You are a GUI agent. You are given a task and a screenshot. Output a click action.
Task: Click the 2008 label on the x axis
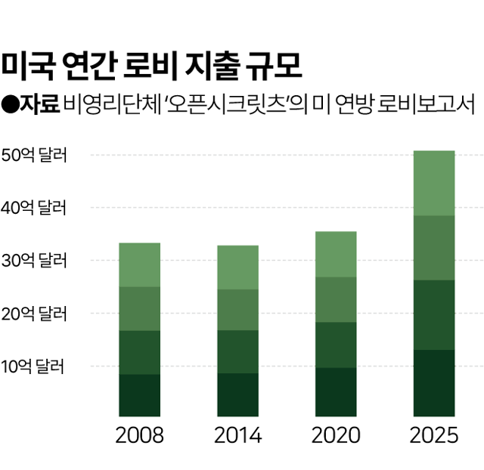(x=139, y=436)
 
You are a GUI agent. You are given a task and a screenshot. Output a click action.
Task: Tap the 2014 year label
(x=237, y=436)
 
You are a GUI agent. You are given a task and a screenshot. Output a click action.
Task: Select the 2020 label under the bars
(x=336, y=436)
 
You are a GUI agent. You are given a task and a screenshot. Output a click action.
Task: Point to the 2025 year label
(x=434, y=436)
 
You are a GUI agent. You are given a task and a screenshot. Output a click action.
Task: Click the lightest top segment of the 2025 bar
(x=434, y=183)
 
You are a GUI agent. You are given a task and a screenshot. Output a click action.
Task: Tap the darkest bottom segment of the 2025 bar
(x=434, y=382)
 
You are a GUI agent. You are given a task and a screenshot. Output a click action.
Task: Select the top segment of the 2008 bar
(x=139, y=264)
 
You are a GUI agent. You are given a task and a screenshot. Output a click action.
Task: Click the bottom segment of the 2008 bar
(x=139, y=395)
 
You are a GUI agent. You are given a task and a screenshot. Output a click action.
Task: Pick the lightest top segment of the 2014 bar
(x=237, y=267)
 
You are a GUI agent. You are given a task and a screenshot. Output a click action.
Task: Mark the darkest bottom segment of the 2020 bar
(x=336, y=391)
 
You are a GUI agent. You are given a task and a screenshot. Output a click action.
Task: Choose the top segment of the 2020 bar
(x=336, y=254)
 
